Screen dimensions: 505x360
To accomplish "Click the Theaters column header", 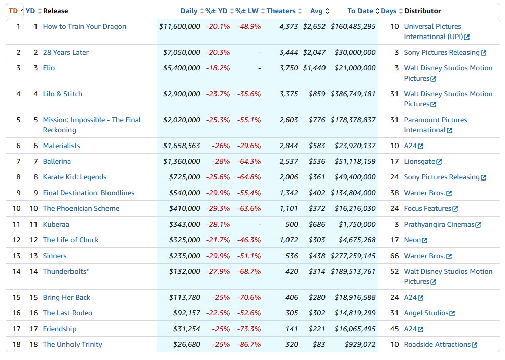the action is coord(281,11).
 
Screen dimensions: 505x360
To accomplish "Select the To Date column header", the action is coord(360,11).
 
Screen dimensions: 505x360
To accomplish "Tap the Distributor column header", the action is coord(422,11).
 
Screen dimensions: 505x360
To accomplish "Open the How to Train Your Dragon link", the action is coord(84,27).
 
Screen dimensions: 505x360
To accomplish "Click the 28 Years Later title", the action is coord(66,53).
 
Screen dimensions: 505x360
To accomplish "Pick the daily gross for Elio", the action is coord(182,68).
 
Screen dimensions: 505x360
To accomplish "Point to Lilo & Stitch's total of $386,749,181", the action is coord(353,94).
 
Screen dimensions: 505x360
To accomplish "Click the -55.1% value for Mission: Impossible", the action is coord(249,120).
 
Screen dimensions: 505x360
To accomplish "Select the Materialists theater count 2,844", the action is coord(288,146).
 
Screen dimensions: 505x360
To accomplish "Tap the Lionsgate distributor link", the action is coord(422,162).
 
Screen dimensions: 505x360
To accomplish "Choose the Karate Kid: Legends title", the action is coord(75,177).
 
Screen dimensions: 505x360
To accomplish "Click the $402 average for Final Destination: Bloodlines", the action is coord(317,193).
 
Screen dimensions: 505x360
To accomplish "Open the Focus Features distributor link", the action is coord(430,209).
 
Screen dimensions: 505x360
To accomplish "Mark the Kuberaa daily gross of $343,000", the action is coord(185,225).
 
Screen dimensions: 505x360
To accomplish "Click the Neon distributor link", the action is coord(415,240).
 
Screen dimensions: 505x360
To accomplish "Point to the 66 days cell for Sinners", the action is coord(394,256).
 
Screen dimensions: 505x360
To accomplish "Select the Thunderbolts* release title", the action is coord(66,272).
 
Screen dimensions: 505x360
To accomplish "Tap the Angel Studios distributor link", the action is coord(429,313).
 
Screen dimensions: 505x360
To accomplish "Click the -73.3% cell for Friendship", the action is coord(249,329).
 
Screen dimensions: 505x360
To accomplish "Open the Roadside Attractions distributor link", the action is coord(440,345).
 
